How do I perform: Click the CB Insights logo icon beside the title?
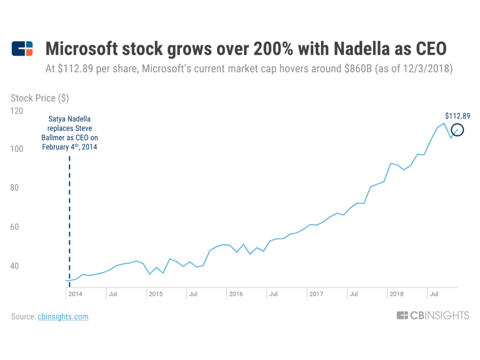22,49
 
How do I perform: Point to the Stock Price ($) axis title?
40,98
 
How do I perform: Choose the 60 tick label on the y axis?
15,227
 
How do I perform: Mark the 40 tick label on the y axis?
15,266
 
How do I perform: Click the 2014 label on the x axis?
76,294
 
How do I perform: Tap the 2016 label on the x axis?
236,294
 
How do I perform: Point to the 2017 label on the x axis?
316,294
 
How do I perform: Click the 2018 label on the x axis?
397,294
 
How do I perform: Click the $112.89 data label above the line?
457,116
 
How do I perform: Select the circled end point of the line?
457,130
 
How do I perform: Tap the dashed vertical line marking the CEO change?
69,218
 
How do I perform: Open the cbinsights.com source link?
63,316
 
